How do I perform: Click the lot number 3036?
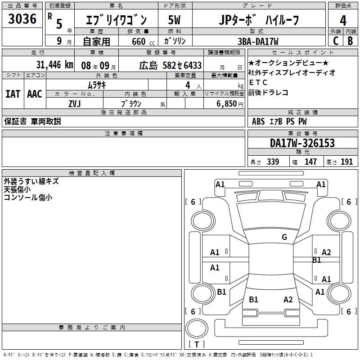[22, 20]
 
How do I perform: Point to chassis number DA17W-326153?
[302, 143]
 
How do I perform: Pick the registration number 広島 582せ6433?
[170, 65]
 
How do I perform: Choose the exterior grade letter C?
[335, 41]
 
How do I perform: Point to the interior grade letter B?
[350, 41]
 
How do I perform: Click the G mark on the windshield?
[284, 237]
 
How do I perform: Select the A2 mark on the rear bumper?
[288, 300]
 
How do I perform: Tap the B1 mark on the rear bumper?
[253, 300]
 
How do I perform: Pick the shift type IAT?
[13, 94]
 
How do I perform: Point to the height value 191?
[346, 162]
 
